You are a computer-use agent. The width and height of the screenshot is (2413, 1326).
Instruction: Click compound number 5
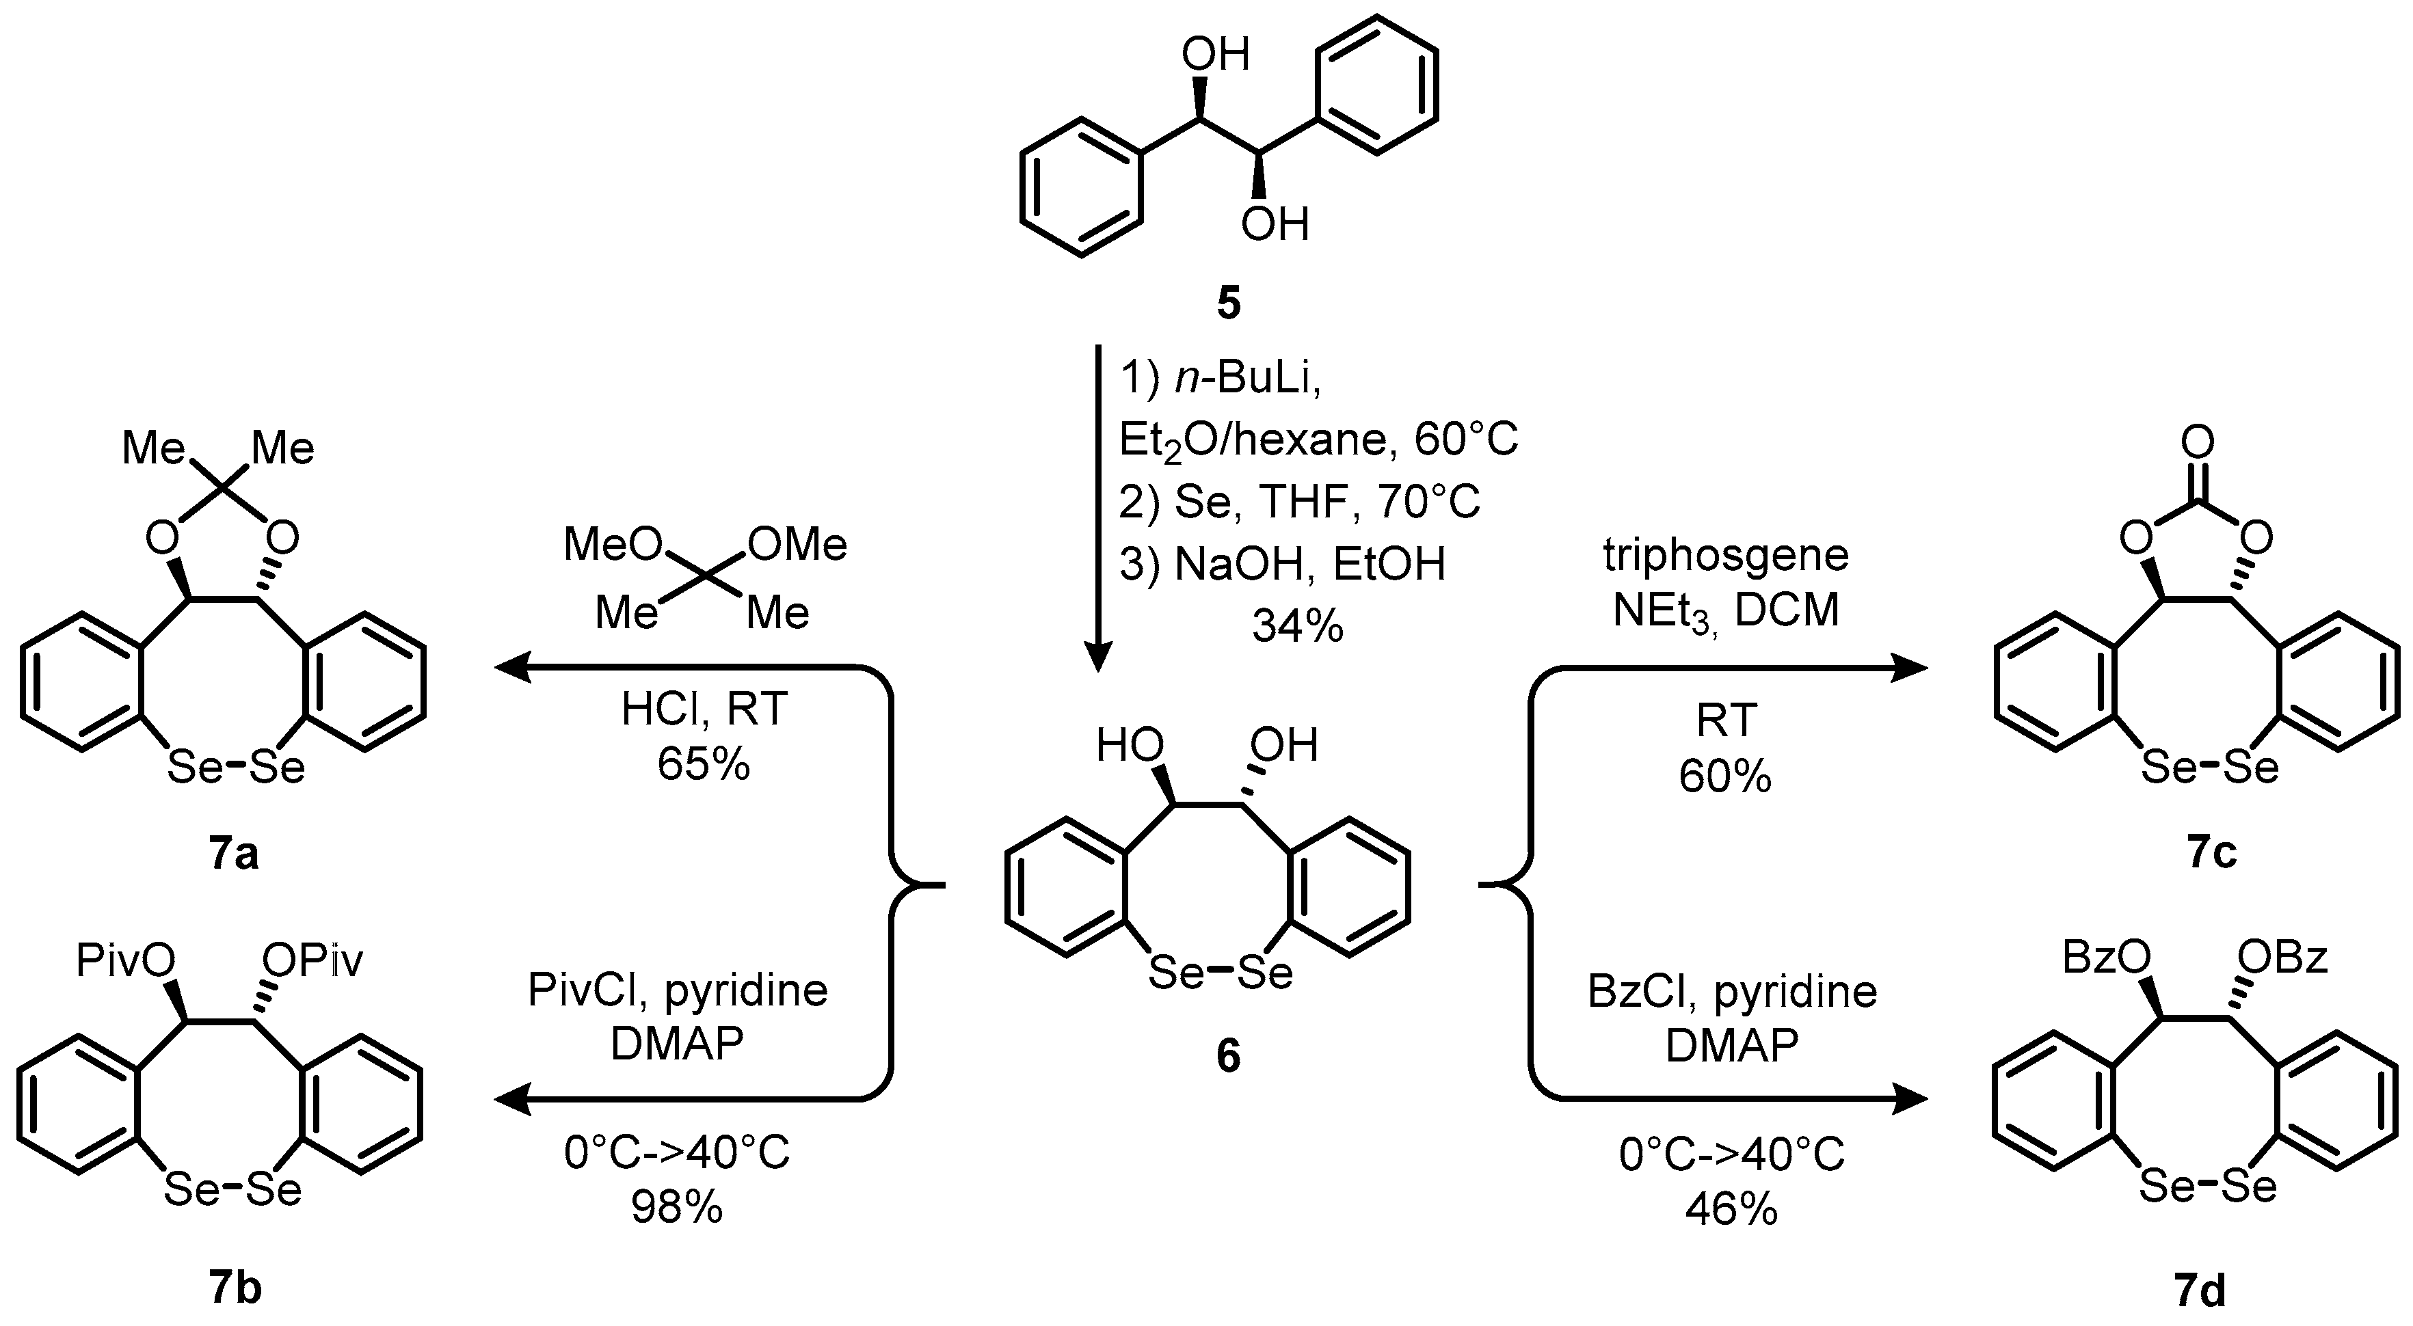[1228, 303]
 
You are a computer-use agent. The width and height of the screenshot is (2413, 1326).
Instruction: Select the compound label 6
[1227, 1055]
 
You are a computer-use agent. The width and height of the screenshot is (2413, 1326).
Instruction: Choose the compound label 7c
[2211, 854]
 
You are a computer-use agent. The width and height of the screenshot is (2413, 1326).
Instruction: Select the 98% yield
[676, 1208]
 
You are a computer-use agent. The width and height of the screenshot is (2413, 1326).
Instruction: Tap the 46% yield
[1731, 1210]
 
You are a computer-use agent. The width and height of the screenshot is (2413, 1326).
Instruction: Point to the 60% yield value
[1724, 776]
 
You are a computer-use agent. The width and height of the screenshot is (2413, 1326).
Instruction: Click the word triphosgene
[1725, 555]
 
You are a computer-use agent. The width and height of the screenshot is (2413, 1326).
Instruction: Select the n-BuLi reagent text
[1246, 379]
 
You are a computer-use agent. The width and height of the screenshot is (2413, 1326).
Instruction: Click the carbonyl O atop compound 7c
[2197, 441]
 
